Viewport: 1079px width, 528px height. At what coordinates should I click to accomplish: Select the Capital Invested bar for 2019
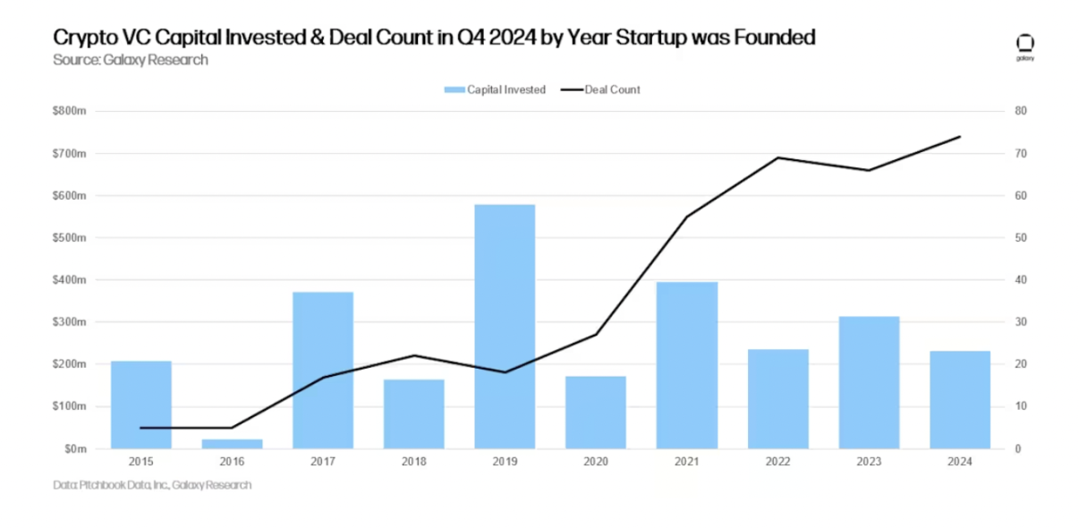pyautogui.click(x=505, y=327)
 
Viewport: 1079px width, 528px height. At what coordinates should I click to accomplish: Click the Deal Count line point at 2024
pyautogui.click(x=960, y=137)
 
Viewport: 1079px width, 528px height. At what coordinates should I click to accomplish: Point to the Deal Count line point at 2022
pyautogui.click(x=777, y=158)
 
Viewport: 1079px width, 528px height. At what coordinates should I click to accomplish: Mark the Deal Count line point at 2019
pyautogui.click(x=505, y=372)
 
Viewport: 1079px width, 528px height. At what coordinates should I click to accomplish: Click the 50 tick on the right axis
pyautogui.click(x=1018, y=238)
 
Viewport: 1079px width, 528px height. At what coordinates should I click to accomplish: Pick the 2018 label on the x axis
pyautogui.click(x=413, y=462)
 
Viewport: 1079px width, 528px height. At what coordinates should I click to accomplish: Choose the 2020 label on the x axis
pyautogui.click(x=596, y=462)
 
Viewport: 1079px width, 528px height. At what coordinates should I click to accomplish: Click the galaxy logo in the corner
pyautogui.click(x=1025, y=47)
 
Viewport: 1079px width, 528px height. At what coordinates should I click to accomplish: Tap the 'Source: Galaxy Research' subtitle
pyautogui.click(x=131, y=60)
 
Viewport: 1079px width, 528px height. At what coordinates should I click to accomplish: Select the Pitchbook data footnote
pyautogui.click(x=152, y=485)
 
